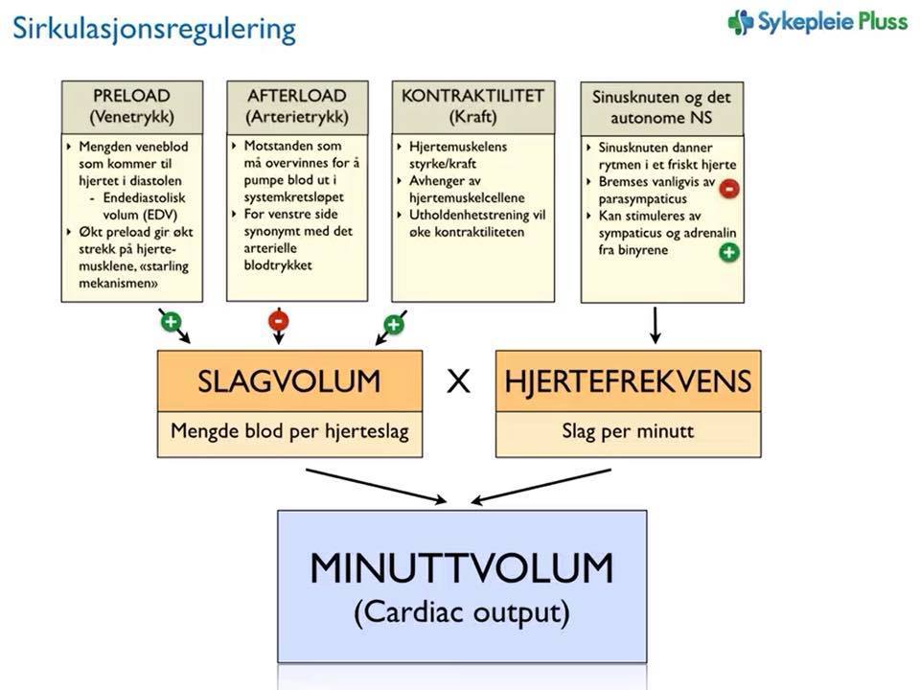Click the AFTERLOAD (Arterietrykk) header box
pyautogui.click(x=296, y=105)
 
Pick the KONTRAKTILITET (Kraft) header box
pyautogui.click(x=472, y=105)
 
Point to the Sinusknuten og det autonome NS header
pyautogui.click(x=662, y=107)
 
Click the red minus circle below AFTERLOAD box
pyautogui.click(x=278, y=322)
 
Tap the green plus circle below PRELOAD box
pyautogui.click(x=170, y=321)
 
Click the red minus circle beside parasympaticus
pyautogui.click(x=728, y=189)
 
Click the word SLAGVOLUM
pyautogui.click(x=288, y=381)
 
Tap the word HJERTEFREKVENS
pyautogui.click(x=628, y=381)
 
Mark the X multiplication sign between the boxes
pyautogui.click(x=459, y=382)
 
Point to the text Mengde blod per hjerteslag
pyautogui.click(x=289, y=431)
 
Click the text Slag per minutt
pyautogui.click(x=628, y=431)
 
